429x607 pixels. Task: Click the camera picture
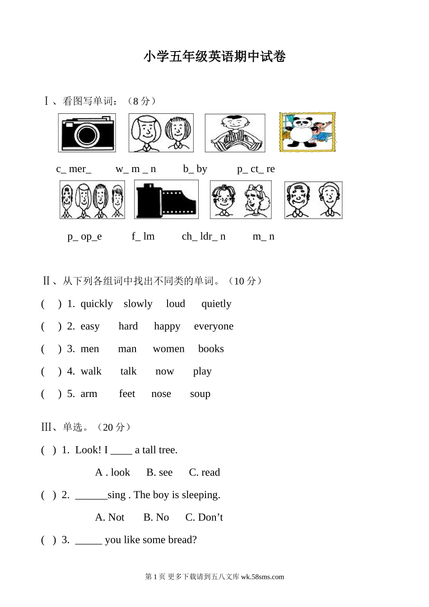coord(87,133)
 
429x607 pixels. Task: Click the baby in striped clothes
coord(235,133)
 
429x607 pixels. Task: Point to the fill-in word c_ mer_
coord(74,169)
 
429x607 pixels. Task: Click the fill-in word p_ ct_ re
coord(256,169)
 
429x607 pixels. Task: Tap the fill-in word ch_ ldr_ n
coord(204,236)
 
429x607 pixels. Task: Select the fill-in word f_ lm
coord(143,236)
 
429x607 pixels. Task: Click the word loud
coord(176,303)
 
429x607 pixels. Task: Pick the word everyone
coord(214,326)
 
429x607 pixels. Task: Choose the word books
coord(211,349)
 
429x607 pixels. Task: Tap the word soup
coord(200,394)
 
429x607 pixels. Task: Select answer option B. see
coord(159,472)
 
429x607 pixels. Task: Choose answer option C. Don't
coord(204,517)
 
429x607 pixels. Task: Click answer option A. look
coord(112,472)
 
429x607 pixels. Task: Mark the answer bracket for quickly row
coord(51,304)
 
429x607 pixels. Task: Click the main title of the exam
coord(214,56)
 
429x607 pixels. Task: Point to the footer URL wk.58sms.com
coord(262,577)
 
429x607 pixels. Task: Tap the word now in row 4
coord(165,371)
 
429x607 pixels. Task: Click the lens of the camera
coord(87,135)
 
